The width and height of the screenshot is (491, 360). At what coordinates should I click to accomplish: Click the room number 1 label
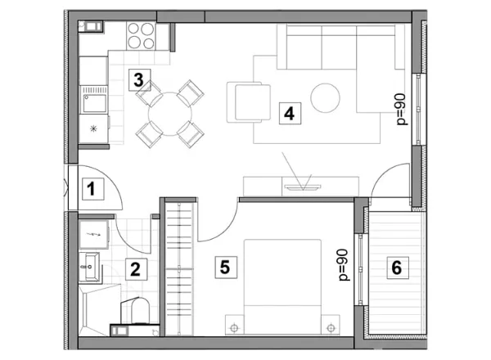pos(93,189)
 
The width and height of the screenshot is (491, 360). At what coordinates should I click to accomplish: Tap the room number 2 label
pos(136,269)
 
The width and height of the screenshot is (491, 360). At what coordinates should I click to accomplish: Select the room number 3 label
pos(139,80)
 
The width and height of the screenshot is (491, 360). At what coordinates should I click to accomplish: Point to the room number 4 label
pos(290,113)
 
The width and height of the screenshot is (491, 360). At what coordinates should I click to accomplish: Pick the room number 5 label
pos(226,267)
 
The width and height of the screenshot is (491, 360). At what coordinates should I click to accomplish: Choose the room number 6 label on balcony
pos(398,268)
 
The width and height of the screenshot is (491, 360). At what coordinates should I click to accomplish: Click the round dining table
pos(170,114)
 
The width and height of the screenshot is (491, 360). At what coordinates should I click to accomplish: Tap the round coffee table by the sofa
pos(325,98)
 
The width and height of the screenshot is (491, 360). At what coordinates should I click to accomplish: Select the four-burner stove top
pos(141,36)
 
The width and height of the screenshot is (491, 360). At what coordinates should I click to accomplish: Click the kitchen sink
pos(94,100)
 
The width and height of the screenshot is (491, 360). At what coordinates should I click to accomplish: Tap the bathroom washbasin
pos(89,267)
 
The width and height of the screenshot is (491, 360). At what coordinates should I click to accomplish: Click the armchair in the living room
pos(249,102)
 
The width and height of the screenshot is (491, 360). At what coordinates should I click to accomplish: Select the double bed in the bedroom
pos(282,286)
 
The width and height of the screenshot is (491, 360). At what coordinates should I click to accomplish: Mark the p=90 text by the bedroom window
pos(344,265)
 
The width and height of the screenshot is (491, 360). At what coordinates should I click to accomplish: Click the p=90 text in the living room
pos(402,110)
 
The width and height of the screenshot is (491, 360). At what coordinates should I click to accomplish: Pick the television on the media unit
pos(302,187)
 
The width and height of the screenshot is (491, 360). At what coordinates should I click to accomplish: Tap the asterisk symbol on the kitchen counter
pos(93,128)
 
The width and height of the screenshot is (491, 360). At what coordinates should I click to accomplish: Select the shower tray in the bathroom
pos(100,310)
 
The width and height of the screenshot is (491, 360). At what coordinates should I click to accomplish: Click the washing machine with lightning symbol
pos(94,234)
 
